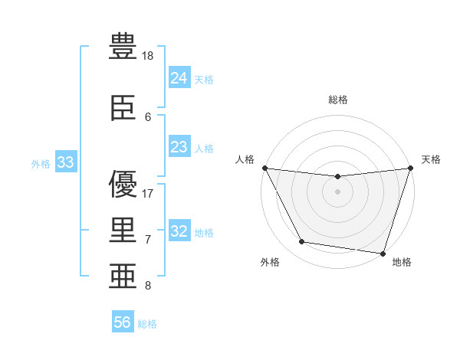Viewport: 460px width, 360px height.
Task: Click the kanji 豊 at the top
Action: [x=123, y=46]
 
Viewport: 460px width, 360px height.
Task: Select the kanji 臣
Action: [x=123, y=108]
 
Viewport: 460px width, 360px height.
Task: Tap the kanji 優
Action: [x=123, y=184]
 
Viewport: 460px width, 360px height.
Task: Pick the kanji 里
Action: [x=123, y=230]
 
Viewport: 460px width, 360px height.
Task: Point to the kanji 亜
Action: [x=123, y=276]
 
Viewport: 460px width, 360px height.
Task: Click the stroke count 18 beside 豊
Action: [x=147, y=56]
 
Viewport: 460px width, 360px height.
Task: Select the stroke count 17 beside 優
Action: [x=147, y=194]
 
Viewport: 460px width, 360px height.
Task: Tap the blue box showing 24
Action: [x=179, y=77]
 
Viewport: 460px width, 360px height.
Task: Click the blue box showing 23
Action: [x=179, y=146]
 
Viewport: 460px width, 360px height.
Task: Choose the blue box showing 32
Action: [x=179, y=230]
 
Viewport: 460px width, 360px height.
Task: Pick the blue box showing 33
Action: [x=66, y=162]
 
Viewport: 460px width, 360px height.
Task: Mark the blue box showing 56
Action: [x=123, y=321]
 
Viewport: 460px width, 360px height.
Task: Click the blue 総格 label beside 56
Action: [x=147, y=324]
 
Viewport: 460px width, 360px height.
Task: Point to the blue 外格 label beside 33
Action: [x=41, y=164]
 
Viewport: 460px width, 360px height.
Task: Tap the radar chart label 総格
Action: [x=338, y=100]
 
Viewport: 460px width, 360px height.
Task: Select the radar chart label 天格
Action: [x=431, y=159]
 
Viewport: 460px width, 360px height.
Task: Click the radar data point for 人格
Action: [x=265, y=168]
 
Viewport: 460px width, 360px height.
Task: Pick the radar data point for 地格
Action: [x=383, y=254]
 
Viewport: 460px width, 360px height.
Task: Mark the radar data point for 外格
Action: [x=302, y=241]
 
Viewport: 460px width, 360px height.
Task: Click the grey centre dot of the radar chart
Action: [x=337, y=191]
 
